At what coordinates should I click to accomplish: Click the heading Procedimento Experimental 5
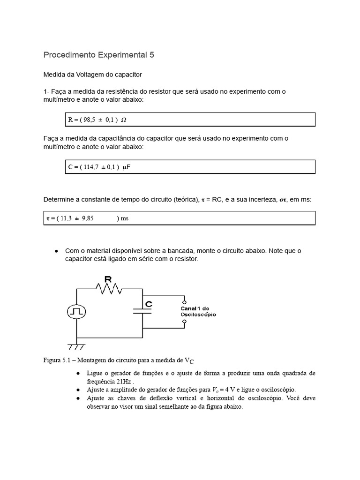(x=98, y=55)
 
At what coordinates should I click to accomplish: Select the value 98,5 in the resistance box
(x=89, y=120)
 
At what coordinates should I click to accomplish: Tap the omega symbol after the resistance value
(x=123, y=120)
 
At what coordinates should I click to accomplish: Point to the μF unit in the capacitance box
(x=126, y=167)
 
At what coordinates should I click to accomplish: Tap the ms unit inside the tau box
(x=124, y=218)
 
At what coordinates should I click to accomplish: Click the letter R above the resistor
(x=107, y=279)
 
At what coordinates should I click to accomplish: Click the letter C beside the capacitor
(x=149, y=304)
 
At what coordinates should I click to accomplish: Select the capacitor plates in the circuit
(x=142, y=311)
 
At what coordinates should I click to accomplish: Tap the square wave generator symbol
(x=76, y=311)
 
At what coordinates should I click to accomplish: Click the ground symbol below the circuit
(x=76, y=347)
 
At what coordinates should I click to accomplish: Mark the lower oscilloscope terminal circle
(x=184, y=322)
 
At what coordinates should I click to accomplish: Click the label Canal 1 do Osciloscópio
(x=198, y=311)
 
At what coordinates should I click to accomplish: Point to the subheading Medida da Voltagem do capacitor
(x=92, y=75)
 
